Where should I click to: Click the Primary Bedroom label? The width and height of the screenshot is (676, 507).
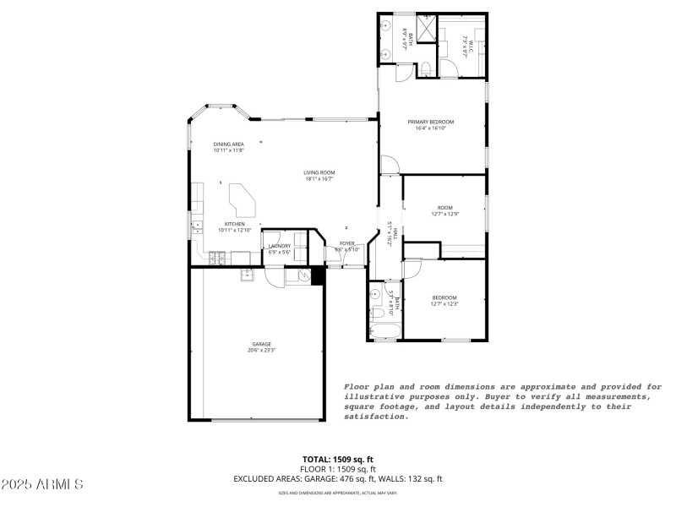431,123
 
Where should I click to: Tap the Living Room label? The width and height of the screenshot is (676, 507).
319,173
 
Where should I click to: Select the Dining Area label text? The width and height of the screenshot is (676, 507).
228,144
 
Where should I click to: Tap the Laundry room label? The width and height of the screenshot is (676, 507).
280,246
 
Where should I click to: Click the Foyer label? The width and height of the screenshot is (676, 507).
346,243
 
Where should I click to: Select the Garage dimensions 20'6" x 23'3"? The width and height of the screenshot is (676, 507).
261,350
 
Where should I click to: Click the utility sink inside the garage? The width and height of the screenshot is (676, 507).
248,274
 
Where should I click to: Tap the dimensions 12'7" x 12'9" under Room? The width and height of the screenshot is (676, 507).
444,214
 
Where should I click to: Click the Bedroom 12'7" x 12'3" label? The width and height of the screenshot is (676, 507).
444,300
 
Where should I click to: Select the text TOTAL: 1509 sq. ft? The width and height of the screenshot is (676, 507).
338,459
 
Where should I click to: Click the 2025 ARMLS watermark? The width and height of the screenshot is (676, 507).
42,485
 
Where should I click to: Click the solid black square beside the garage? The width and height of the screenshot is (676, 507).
319,275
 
